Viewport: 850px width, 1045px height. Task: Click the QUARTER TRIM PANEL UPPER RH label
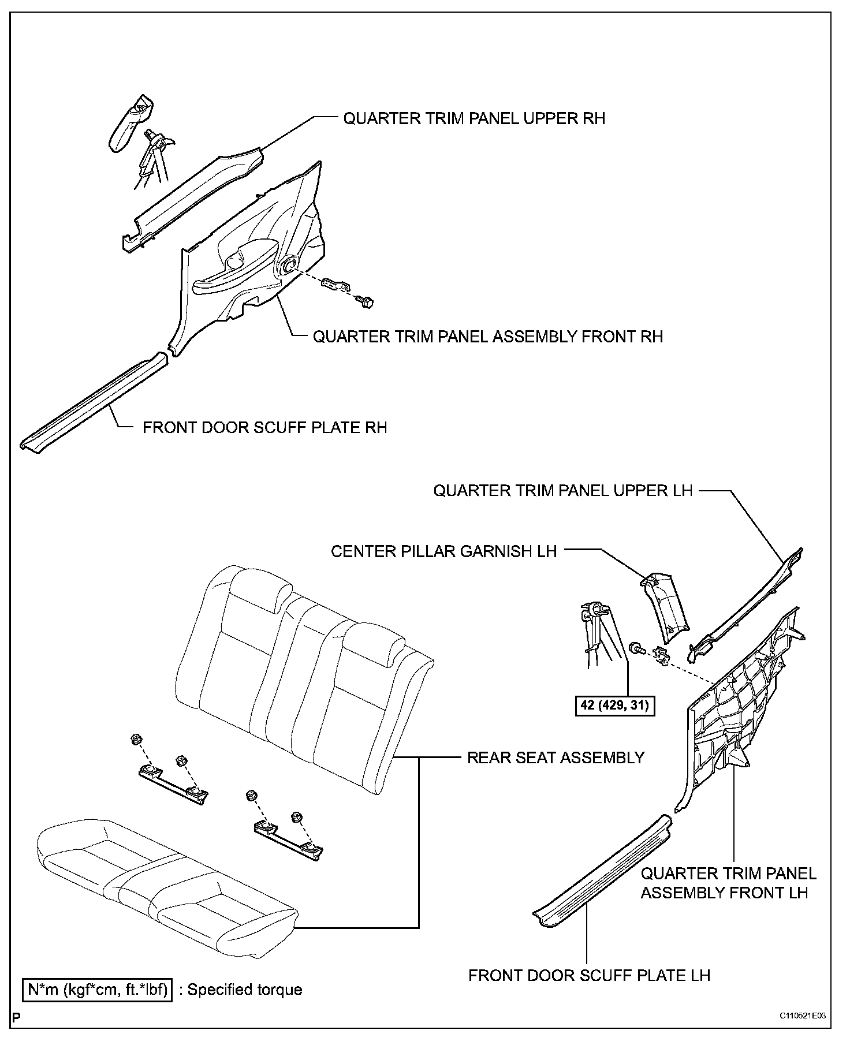coord(474,118)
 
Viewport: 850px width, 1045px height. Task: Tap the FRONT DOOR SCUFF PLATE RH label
coord(265,427)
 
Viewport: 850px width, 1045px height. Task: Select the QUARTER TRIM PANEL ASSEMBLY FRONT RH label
coord(488,337)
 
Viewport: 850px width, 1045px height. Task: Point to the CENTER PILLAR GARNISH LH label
coord(443,551)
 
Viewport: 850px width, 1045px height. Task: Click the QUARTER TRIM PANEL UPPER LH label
coord(562,491)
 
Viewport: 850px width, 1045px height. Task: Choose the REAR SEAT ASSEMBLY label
coord(556,757)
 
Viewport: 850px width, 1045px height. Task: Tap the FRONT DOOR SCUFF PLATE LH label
coord(589,975)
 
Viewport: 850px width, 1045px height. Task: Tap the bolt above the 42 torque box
coord(636,648)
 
